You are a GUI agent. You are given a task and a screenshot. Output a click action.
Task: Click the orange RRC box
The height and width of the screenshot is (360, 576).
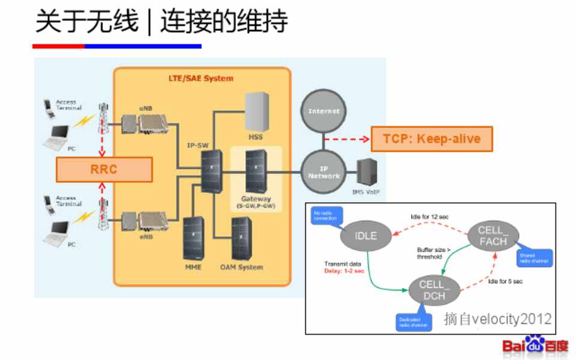click(x=104, y=169)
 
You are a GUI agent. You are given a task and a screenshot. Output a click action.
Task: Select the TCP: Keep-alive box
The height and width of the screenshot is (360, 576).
click(x=431, y=139)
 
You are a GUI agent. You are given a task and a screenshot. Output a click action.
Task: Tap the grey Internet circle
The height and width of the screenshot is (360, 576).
click(x=324, y=112)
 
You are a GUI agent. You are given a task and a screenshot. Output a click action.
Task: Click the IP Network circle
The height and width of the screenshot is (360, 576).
click(x=324, y=172)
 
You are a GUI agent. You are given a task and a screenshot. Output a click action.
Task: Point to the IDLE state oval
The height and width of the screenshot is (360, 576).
click(x=365, y=236)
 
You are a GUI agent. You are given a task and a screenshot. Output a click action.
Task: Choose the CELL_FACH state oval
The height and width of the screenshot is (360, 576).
click(x=493, y=236)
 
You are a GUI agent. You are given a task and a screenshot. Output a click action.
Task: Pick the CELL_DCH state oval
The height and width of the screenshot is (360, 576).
click(x=432, y=289)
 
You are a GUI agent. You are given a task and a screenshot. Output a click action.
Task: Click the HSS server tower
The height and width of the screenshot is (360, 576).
click(x=257, y=112)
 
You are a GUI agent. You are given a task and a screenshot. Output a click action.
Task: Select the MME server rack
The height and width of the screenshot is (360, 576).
click(x=193, y=238)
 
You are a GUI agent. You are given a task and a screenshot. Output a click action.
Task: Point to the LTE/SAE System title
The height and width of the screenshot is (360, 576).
click(x=200, y=79)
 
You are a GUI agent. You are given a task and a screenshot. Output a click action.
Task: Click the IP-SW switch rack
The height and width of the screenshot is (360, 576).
click(x=211, y=171)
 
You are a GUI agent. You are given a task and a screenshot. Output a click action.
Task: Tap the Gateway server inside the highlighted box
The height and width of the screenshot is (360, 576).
click(x=256, y=170)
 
